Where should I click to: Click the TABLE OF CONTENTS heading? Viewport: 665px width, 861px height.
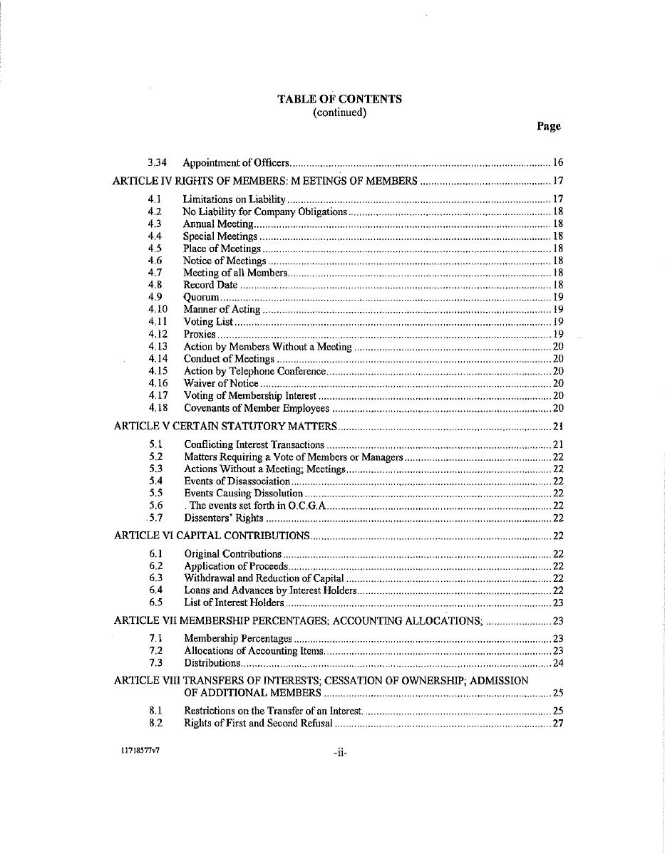click(x=339, y=99)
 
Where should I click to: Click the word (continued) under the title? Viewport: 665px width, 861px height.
click(x=339, y=113)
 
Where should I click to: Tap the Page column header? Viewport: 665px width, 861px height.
click(x=548, y=126)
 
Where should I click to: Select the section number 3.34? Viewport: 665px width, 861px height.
click(x=157, y=163)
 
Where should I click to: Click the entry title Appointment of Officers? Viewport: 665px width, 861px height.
click(x=236, y=163)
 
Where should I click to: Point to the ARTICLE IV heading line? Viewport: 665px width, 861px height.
click(x=265, y=181)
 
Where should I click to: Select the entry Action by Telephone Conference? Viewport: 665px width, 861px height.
click(x=254, y=371)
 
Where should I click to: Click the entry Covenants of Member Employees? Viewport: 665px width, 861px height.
click(x=257, y=408)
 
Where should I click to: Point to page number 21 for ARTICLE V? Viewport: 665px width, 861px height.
click(x=558, y=427)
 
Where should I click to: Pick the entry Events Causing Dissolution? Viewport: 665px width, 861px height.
click(x=244, y=493)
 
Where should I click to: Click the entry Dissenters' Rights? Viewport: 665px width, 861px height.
click(x=224, y=518)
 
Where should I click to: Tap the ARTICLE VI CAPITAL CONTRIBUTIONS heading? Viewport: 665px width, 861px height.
click(x=212, y=536)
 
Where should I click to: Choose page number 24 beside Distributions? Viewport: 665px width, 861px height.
click(x=558, y=663)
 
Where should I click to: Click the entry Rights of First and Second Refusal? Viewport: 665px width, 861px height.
click(x=258, y=724)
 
